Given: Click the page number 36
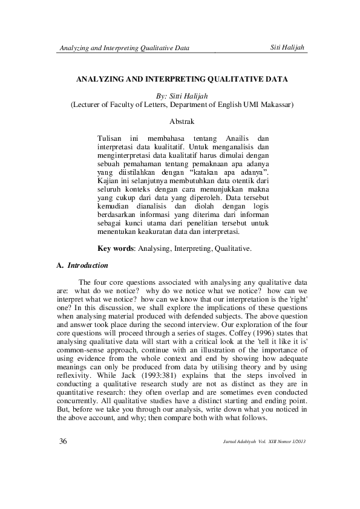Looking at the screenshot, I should [62, 440].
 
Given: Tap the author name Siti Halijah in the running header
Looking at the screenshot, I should [286, 48].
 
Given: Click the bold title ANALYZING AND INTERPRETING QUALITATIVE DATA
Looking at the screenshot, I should [181, 79].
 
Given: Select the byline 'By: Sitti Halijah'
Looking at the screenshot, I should [181, 96].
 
